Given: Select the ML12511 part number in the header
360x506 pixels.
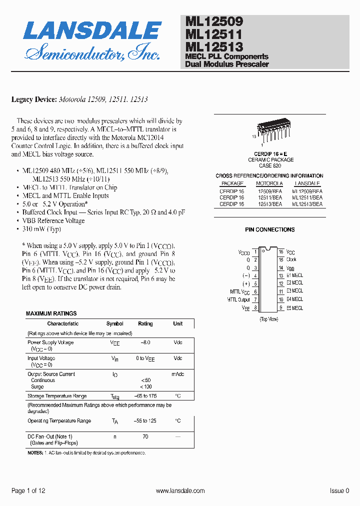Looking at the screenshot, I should (213, 34).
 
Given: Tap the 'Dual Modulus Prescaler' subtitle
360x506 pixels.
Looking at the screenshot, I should (226, 64).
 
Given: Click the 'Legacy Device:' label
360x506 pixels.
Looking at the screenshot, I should (34, 99).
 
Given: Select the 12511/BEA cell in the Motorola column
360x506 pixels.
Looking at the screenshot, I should (269, 197).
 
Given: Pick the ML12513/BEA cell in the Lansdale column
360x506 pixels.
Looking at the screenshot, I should (307, 204).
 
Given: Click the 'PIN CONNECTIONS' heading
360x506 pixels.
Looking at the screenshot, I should (269, 230).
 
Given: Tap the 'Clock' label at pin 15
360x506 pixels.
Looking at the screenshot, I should (291, 260).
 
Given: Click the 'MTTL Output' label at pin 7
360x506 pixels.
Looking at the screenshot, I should (238, 300).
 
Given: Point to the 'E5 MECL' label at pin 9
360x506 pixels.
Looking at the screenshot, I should (294, 308).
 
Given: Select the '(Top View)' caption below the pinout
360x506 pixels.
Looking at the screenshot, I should (269, 319).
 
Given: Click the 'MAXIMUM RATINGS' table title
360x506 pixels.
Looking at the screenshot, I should (51, 313).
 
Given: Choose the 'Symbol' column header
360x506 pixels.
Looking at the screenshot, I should (115, 323).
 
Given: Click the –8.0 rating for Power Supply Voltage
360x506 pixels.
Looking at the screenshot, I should (145, 342).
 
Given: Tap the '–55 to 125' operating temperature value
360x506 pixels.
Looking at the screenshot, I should (145, 421).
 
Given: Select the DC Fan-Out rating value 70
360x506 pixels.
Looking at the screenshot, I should (145, 436).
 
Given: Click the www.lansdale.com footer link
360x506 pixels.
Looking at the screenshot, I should (180, 491).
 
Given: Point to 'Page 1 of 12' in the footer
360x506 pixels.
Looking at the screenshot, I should (28, 491).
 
